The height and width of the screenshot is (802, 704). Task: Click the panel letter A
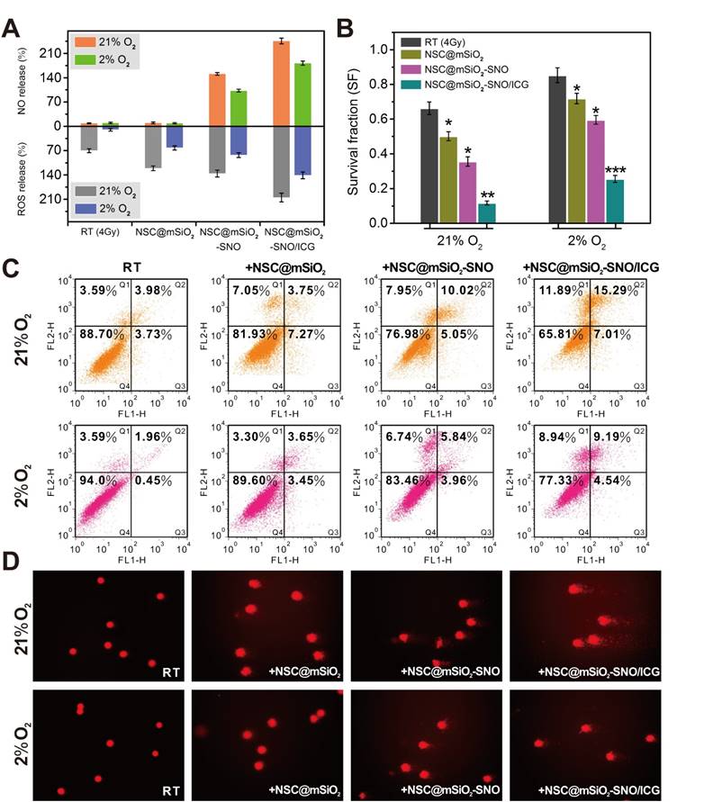click(x=13, y=29)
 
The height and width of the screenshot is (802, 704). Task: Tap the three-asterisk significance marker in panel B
click(x=615, y=170)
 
